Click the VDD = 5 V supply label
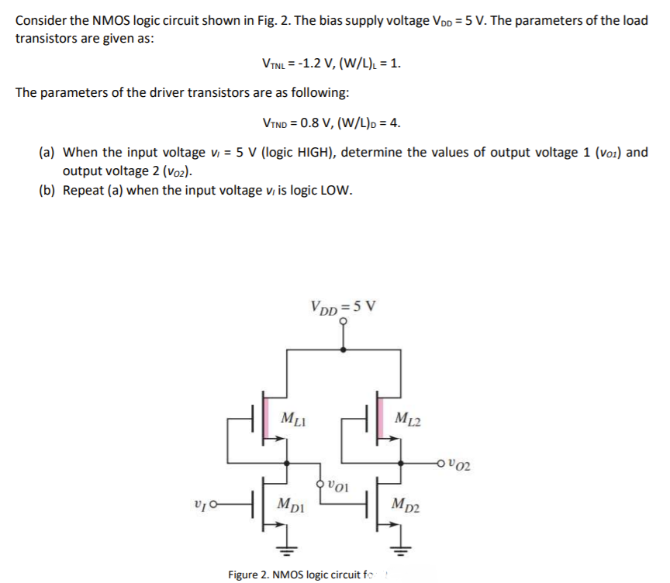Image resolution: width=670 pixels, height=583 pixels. click(342, 305)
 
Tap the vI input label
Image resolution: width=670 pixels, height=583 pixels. click(199, 505)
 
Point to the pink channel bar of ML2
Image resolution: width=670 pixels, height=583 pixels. click(379, 418)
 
